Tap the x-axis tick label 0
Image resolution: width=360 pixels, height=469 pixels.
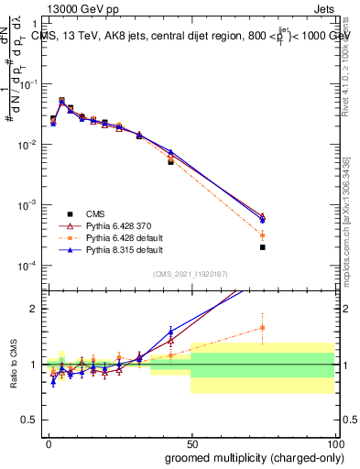(49, 442)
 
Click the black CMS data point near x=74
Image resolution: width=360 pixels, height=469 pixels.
(262, 247)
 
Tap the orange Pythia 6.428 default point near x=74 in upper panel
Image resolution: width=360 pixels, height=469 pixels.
(262, 235)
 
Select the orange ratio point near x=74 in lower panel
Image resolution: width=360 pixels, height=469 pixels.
(262, 327)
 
